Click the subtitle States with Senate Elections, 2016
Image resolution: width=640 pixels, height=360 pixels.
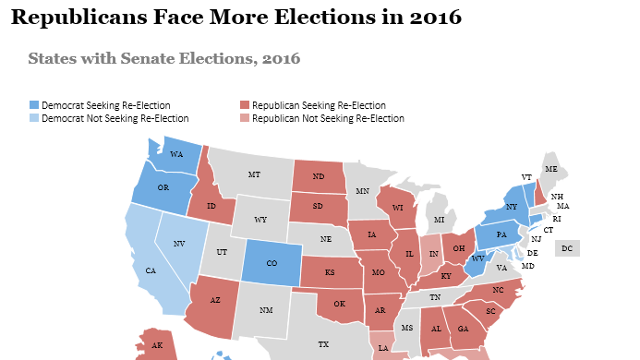[x=163, y=59]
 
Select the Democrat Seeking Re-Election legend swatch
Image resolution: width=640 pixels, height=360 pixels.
[x=34, y=105]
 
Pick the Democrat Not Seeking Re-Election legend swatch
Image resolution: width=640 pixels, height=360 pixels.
[x=34, y=118]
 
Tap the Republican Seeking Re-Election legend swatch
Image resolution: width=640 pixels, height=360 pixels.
[x=245, y=105]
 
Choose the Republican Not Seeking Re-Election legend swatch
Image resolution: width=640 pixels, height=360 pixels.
[x=245, y=118]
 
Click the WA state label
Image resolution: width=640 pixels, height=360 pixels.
[x=175, y=154]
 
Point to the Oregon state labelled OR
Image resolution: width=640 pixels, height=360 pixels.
[x=163, y=187]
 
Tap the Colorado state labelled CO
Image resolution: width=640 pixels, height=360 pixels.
[x=272, y=261]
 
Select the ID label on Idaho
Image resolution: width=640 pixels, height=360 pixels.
[x=211, y=205]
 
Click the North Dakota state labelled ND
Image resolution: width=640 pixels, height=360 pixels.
[x=318, y=176]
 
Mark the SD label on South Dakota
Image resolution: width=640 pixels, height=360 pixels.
[x=318, y=207]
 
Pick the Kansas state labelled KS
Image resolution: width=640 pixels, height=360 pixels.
[x=330, y=273]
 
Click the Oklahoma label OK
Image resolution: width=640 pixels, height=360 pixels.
[x=338, y=304]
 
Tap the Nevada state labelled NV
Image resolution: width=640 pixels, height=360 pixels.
[x=179, y=243]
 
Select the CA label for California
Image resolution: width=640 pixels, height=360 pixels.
[x=151, y=271]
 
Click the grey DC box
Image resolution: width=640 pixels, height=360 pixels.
[x=567, y=248]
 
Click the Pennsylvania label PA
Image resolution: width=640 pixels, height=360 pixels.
[x=501, y=235]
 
